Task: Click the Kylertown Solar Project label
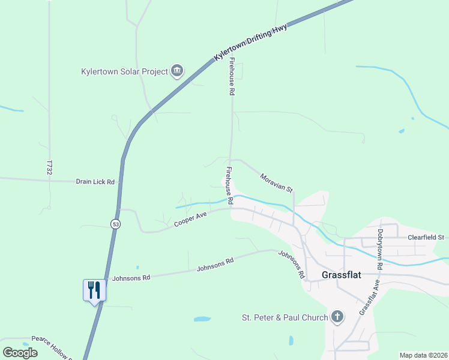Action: point(124,71)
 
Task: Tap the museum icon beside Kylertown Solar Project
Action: point(177,71)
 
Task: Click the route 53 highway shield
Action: point(115,224)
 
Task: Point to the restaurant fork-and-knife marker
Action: point(94,290)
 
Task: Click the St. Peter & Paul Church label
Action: point(285,317)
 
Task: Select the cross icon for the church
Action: point(337,317)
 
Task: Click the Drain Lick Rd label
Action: point(95,181)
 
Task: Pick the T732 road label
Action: point(49,167)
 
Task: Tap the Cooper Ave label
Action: point(191,220)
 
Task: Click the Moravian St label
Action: point(276,183)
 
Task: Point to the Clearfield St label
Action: point(425,237)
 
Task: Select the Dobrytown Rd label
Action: point(380,248)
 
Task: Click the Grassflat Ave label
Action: point(369,298)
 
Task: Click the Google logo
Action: point(20,352)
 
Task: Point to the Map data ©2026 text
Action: point(423,355)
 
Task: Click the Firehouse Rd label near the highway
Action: point(231,77)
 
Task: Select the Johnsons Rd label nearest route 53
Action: point(130,278)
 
